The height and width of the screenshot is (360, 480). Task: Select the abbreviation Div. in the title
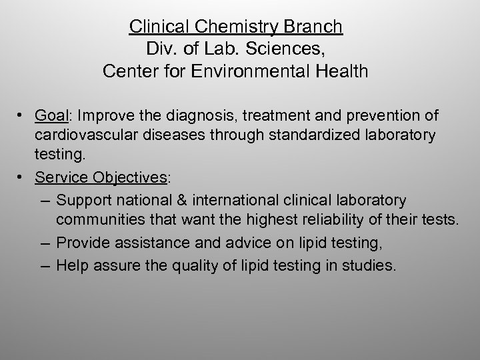(x=158, y=49)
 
